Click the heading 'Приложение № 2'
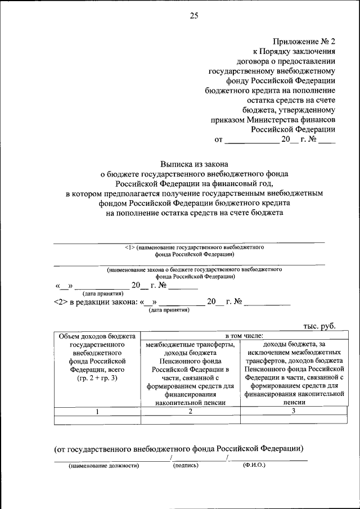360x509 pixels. [305, 42]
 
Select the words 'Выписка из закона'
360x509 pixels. [194, 165]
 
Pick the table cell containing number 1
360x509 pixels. [97, 411]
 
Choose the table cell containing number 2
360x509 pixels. [190, 411]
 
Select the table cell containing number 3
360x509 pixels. [293, 411]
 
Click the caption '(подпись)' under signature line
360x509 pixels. [186, 466]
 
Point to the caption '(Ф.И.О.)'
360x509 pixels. [254, 466]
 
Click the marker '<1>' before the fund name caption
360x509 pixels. [128, 247]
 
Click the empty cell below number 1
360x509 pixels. [97, 419]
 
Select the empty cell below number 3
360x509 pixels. [293, 419]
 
